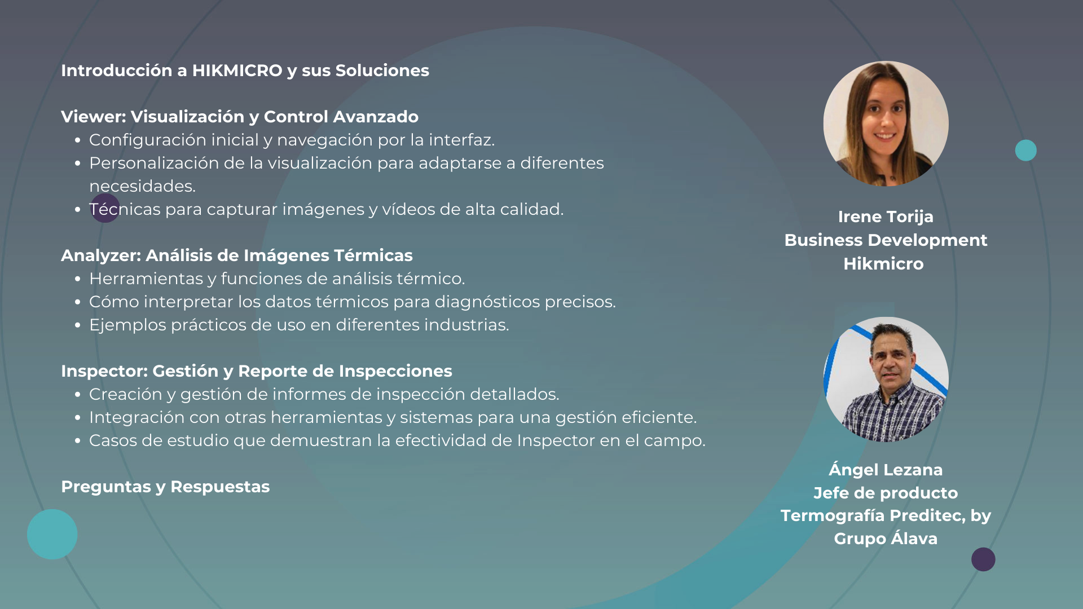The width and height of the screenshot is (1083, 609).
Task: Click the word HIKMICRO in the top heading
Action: [237, 70]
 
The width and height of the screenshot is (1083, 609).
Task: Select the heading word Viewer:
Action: [94, 117]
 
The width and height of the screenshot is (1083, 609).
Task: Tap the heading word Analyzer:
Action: [101, 256]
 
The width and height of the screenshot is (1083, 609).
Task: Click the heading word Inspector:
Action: [104, 371]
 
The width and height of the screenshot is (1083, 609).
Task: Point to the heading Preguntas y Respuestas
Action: [165, 487]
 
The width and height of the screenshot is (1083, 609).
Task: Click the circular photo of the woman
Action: [886, 123]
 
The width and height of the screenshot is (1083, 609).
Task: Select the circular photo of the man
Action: [886, 379]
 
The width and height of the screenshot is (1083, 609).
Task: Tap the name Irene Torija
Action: [886, 217]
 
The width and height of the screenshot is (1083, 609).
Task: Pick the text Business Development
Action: [886, 241]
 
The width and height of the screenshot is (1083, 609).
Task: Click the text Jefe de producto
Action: [886, 493]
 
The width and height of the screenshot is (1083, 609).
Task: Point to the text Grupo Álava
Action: [886, 539]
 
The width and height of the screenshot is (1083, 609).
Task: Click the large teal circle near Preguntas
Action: [52, 534]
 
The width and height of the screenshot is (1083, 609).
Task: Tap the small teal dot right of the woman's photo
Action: [1026, 151]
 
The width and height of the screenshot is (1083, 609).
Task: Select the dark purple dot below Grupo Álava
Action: [983, 559]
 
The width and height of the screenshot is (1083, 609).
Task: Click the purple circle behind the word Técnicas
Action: [105, 208]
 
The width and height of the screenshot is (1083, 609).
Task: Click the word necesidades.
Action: [142, 186]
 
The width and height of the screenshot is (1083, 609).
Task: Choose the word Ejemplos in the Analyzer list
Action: [127, 325]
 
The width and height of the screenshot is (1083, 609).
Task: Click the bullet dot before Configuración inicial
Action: [78, 140]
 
